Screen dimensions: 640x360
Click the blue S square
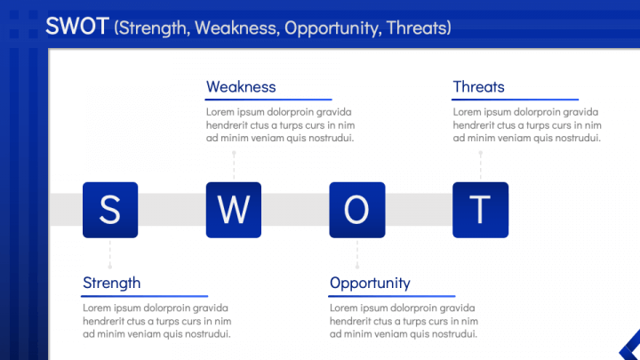point(110,210)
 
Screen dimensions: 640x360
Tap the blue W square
point(234,210)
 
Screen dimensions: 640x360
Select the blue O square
point(357,210)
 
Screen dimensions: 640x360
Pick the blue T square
point(480,210)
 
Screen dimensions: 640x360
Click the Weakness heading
point(241,87)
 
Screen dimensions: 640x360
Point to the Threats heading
point(479,87)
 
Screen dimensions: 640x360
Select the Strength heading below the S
point(112,284)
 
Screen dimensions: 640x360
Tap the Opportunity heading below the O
point(370,284)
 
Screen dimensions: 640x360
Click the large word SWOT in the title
point(77,26)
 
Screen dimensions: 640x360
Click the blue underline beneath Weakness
point(268,100)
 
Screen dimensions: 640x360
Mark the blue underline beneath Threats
point(515,100)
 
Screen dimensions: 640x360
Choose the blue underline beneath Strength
point(145,296)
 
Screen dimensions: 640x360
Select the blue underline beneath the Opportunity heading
point(392,296)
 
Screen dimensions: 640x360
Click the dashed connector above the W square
point(234,166)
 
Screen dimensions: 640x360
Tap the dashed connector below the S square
point(110,254)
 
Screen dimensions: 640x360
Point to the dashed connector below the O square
point(357,254)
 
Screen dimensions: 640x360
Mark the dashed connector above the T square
point(481,166)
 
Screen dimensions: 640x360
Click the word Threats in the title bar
point(416,28)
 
